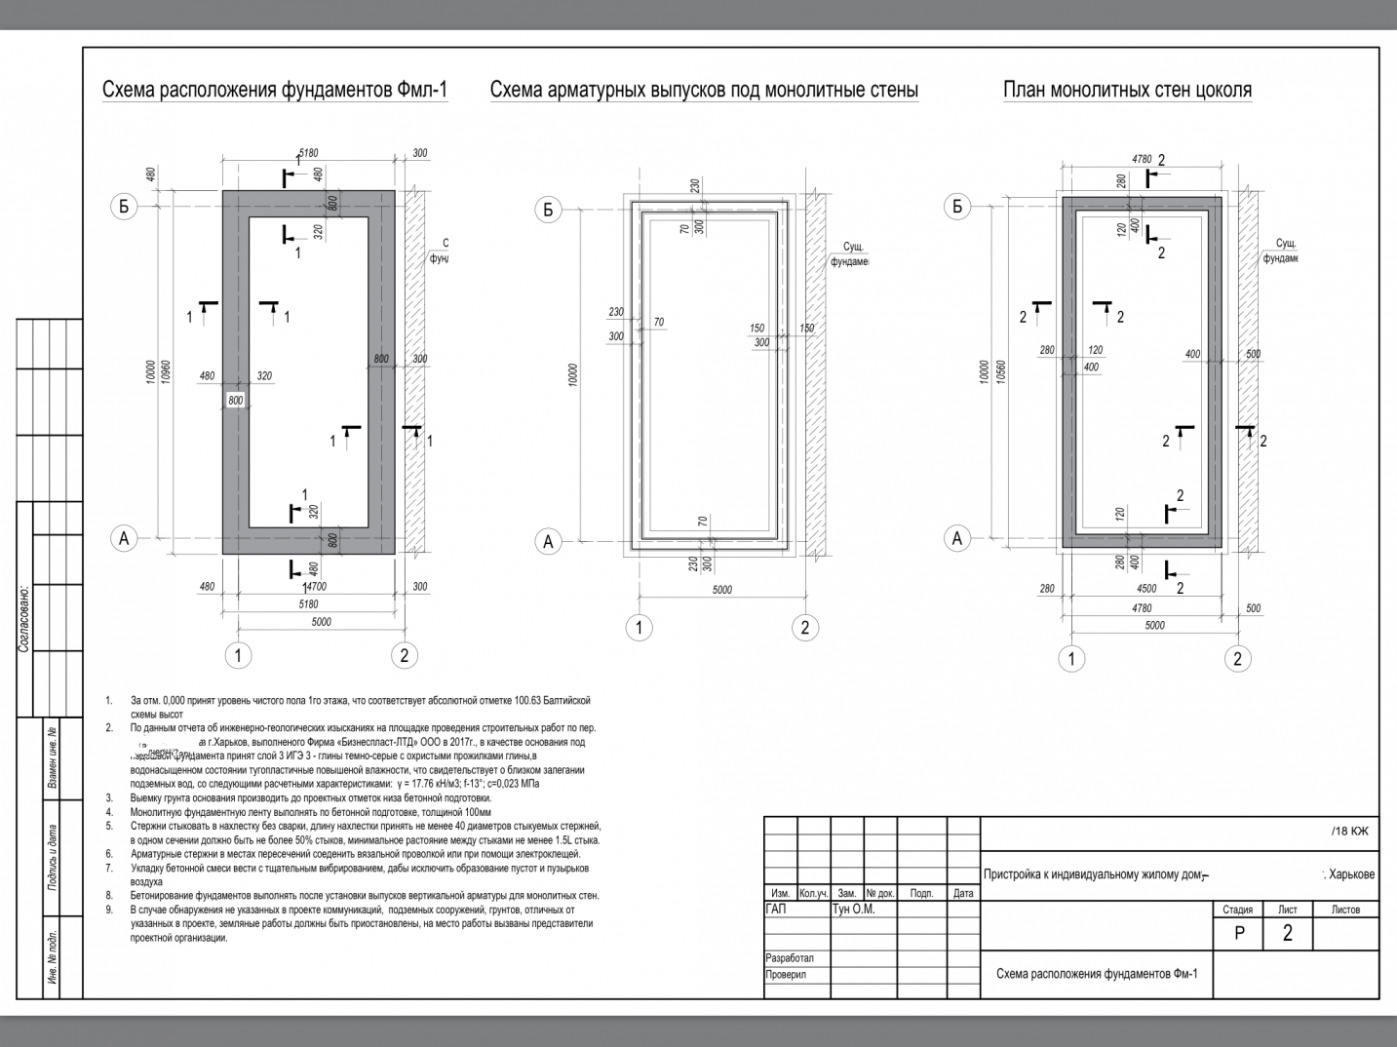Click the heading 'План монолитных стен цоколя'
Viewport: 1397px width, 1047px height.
(1127, 91)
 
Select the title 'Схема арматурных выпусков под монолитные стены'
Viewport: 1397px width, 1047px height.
(704, 91)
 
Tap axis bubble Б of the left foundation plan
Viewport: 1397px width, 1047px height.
(124, 207)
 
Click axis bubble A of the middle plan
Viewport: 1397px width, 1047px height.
(549, 542)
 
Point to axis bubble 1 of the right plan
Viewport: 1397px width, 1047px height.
(1071, 659)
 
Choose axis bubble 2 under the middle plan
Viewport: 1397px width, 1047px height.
(804, 628)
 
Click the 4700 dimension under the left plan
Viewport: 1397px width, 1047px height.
(314, 588)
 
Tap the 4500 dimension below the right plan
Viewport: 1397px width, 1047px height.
(1146, 589)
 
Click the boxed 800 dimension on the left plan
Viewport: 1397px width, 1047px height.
(236, 401)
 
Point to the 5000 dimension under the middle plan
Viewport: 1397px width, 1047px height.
(721, 590)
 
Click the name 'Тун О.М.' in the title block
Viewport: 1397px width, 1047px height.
(853, 910)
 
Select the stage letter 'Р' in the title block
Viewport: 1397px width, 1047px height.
(1239, 933)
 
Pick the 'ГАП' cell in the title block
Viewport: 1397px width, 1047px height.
(777, 910)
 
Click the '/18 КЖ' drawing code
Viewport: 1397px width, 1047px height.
(1349, 832)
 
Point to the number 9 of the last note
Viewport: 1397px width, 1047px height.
(110, 910)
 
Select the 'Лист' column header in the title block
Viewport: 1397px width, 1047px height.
(1287, 910)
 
